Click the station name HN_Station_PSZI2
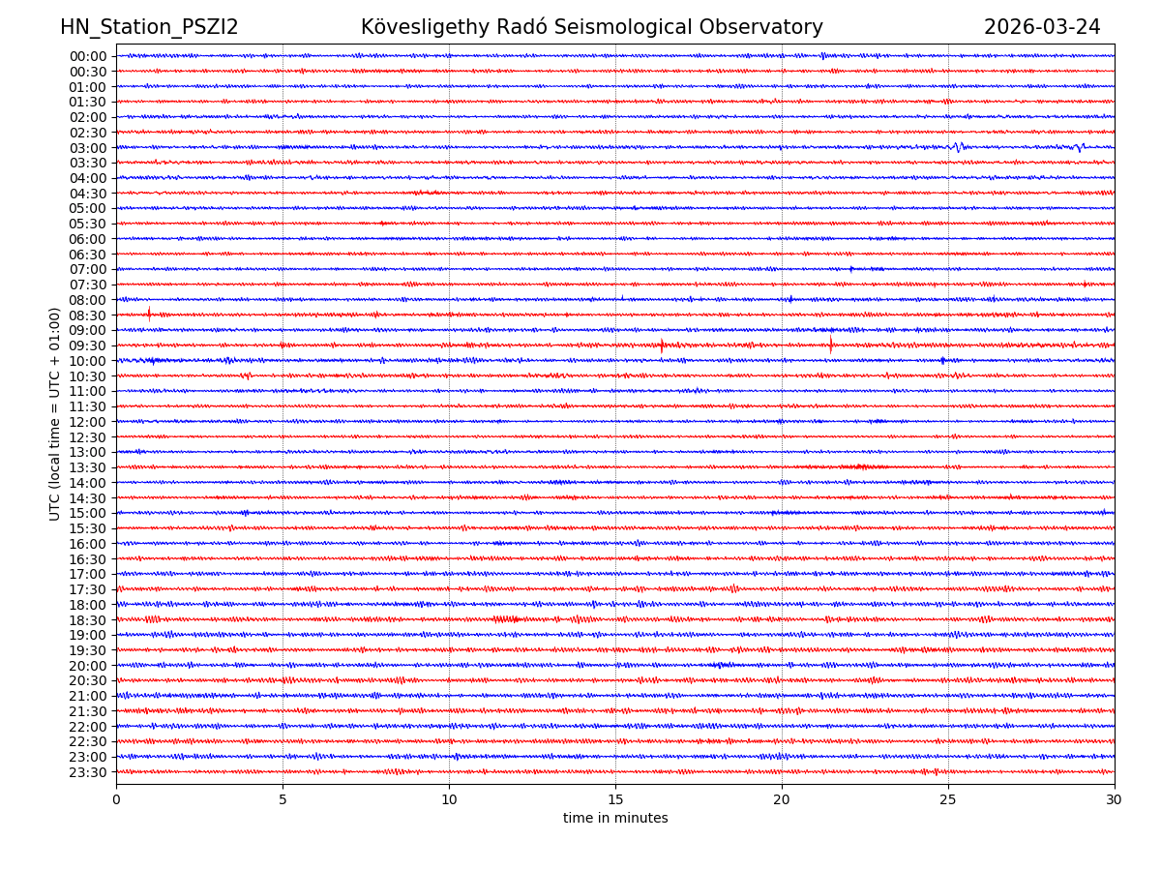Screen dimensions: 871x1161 point(149,27)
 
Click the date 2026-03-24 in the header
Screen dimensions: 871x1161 point(1042,27)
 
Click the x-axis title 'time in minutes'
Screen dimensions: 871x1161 point(615,818)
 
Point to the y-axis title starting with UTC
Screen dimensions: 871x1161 point(55,413)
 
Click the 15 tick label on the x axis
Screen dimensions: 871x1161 point(615,800)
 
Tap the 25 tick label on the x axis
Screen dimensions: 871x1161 point(948,800)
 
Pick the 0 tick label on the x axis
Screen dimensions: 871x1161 point(116,800)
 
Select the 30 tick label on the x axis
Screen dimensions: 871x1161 point(1115,800)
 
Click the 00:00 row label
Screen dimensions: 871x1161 point(88,56)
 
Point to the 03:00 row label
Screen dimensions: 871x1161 point(88,148)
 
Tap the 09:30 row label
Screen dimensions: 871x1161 point(88,345)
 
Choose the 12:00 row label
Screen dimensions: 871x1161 point(88,422)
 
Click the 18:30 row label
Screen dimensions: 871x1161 point(88,620)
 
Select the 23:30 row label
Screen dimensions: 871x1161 point(88,772)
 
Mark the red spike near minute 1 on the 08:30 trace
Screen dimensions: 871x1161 point(149,313)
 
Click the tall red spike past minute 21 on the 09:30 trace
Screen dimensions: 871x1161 point(830,344)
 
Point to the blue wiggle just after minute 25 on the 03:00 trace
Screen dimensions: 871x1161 point(958,147)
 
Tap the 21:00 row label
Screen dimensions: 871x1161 point(88,696)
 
